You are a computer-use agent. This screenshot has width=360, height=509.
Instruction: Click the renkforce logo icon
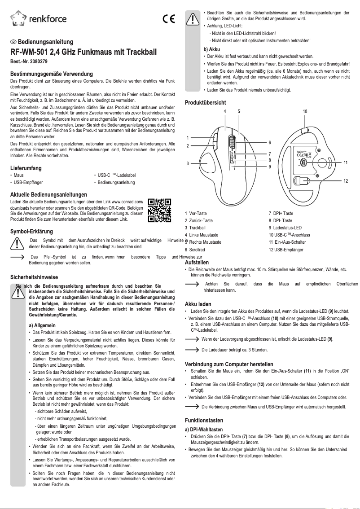point(18,18)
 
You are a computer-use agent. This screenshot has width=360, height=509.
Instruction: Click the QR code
point(159,210)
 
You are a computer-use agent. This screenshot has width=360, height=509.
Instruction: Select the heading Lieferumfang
point(26,168)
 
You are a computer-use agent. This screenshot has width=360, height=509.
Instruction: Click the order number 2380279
point(38,61)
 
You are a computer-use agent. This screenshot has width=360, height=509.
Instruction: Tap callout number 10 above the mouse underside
point(305,111)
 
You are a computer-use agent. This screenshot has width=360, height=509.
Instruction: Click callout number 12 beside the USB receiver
point(346,180)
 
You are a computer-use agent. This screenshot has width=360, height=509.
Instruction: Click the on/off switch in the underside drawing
point(303,162)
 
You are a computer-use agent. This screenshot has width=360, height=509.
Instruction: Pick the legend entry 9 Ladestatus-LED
point(285,228)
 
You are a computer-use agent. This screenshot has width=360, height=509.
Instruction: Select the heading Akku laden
point(198,304)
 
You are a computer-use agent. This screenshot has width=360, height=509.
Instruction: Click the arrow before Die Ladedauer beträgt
point(193,349)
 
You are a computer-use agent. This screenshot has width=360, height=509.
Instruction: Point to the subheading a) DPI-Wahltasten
point(204,430)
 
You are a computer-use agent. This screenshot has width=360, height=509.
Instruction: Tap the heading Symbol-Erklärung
point(31,232)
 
